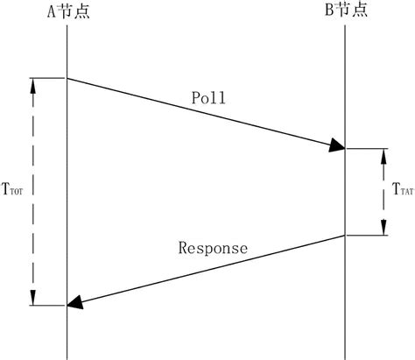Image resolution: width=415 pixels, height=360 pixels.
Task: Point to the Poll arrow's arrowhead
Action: [x=338, y=146]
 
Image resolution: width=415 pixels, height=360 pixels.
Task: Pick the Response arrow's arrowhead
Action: [x=75, y=303]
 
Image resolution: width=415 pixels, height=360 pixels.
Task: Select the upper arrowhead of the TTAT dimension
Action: [x=383, y=155]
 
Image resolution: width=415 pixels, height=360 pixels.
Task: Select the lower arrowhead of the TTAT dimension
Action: [x=383, y=229]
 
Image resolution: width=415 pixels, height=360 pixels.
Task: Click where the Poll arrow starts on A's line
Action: [x=67, y=78]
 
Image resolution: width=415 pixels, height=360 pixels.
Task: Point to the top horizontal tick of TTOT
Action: [x=48, y=78]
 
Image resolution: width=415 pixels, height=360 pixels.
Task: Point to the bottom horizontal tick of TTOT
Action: [x=48, y=306]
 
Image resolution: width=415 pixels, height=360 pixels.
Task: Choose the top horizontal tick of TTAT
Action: [x=368, y=149]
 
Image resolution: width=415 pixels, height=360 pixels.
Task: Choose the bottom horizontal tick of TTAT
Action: [x=368, y=236]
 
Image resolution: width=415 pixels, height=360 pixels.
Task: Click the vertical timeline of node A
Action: [x=67, y=193]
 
